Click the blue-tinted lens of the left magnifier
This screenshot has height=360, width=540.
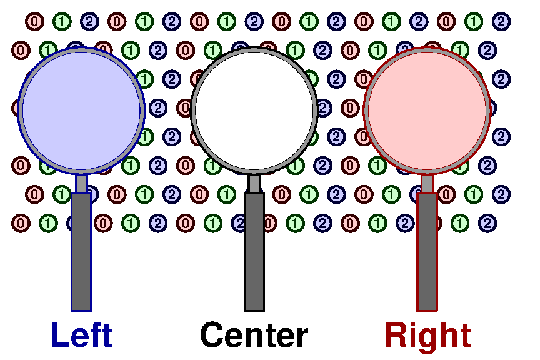click(81, 109)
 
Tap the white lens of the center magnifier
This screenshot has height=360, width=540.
click(254, 109)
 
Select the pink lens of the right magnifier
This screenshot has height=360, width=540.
click(427, 109)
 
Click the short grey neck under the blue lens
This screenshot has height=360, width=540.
click(81, 184)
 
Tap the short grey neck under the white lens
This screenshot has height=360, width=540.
click(254, 184)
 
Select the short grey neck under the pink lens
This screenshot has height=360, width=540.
click(427, 184)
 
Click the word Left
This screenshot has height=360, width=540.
click(81, 336)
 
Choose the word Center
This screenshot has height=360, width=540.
click(254, 336)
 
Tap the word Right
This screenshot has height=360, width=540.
click(427, 336)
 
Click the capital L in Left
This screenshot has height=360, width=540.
click(60, 336)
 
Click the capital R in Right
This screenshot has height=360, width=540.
click(396, 336)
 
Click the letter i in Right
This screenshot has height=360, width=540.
click(414, 335)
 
